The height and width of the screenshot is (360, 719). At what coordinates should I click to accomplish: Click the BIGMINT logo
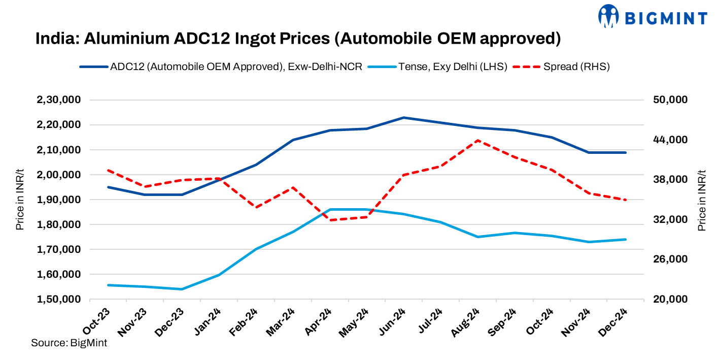point(653,17)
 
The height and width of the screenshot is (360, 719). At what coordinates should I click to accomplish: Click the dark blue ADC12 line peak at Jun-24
point(403,117)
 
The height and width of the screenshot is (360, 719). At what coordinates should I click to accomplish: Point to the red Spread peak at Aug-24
point(477,141)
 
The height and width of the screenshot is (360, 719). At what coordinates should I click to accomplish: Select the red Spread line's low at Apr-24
point(330,220)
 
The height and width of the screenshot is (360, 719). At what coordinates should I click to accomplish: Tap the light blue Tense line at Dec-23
point(182,289)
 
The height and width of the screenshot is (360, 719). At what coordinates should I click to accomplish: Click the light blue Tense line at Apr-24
point(330,209)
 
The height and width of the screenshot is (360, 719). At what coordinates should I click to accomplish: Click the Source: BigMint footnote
point(69,343)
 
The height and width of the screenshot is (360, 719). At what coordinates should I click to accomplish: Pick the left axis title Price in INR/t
point(20,200)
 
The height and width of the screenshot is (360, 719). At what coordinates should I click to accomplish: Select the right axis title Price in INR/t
point(702,200)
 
